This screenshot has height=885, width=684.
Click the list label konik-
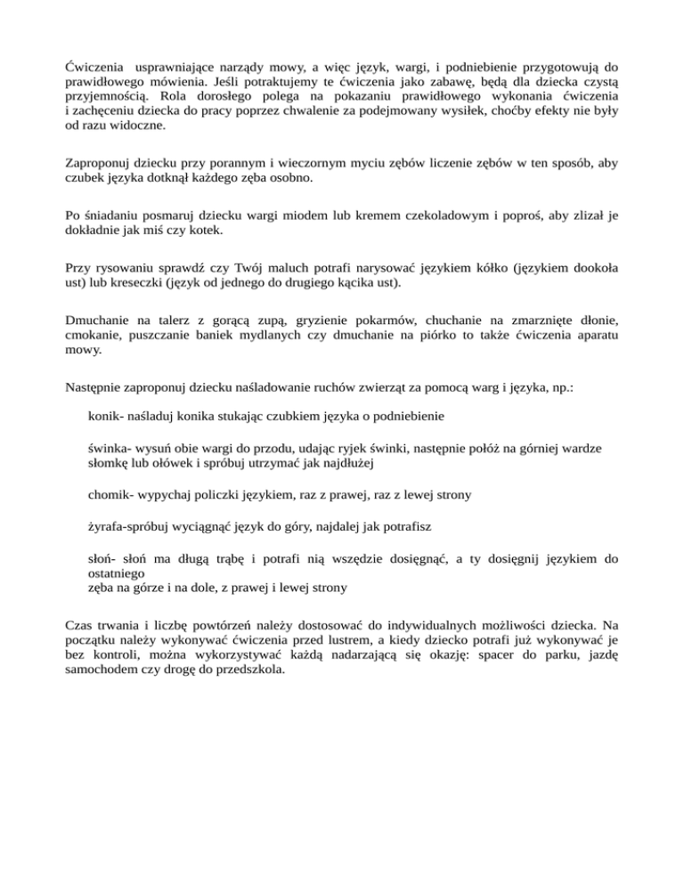[x=107, y=415]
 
